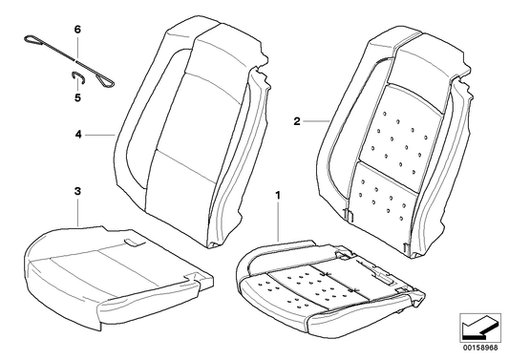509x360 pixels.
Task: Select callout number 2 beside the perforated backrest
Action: click(x=297, y=122)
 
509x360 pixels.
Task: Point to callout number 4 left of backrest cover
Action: click(x=77, y=136)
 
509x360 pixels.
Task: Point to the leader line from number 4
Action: click(x=99, y=136)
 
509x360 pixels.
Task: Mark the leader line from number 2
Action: click(x=318, y=122)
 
